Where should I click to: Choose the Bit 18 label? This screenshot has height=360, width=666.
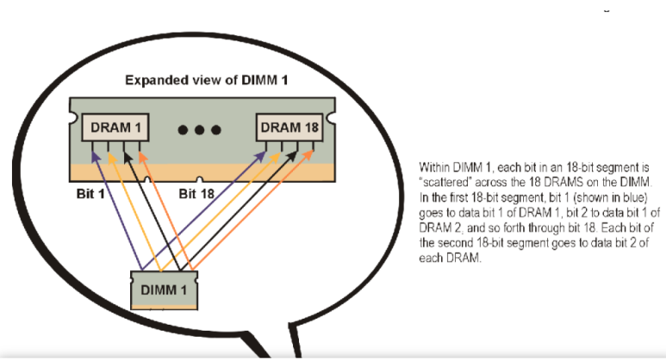point(197,194)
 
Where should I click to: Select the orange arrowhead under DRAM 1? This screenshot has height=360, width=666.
point(141,158)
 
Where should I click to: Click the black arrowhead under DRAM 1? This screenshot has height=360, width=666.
point(124,158)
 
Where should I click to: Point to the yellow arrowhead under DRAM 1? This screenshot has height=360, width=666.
point(109,158)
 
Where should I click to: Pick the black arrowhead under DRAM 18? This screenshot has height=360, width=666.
point(298,158)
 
